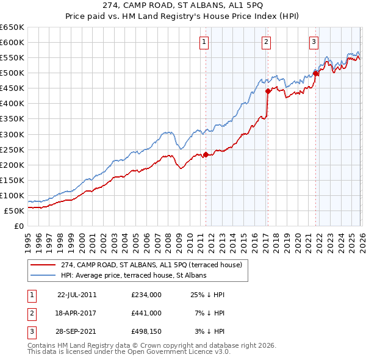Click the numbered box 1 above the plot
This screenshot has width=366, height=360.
coord(204,42)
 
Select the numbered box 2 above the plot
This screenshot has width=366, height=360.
coord(267,42)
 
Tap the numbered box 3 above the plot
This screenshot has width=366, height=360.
coord(314,42)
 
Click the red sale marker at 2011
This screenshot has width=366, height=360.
coord(206,154)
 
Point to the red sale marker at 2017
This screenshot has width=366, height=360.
coord(268,91)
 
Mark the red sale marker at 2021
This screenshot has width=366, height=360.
coord(316,73)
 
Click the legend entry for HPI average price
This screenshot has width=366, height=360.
coord(133,275)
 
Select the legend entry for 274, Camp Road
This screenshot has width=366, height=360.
coord(151,264)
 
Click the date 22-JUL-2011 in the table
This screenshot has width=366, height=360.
coord(77,295)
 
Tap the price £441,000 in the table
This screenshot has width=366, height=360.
coord(146,313)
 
